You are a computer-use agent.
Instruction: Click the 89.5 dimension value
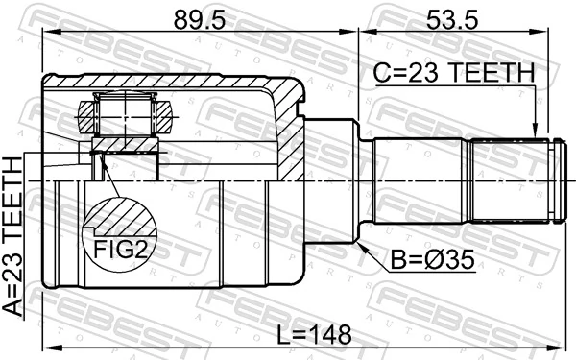click(x=199, y=20)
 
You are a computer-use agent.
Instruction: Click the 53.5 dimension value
click(x=452, y=20)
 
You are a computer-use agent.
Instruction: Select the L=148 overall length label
click(x=314, y=334)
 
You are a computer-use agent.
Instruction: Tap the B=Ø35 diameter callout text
click(x=432, y=260)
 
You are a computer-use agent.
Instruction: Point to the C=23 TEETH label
click(x=454, y=72)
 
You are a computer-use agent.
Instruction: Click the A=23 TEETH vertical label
click(x=13, y=236)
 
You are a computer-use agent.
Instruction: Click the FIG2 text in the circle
click(x=121, y=249)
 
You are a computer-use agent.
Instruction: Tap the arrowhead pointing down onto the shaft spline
click(x=536, y=131)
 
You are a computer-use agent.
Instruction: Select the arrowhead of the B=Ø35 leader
click(x=362, y=248)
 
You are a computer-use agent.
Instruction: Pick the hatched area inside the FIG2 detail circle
click(x=121, y=218)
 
